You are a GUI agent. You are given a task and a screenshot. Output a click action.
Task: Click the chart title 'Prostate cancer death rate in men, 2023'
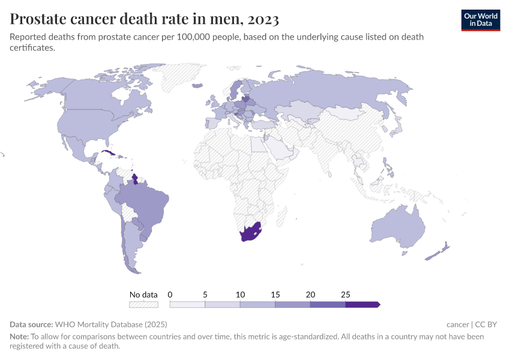(x=145, y=20)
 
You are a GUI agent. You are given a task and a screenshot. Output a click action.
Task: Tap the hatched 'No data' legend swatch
(x=143, y=305)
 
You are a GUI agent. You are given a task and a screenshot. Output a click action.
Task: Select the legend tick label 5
(x=205, y=295)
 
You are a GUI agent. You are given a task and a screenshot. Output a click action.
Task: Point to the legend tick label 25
(x=346, y=295)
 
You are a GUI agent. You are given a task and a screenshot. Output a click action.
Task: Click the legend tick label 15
(x=275, y=295)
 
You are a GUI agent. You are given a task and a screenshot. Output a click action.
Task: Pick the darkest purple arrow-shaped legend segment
(x=362, y=305)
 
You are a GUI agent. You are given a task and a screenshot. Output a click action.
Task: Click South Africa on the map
(x=250, y=233)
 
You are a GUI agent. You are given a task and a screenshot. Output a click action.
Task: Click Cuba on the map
(x=109, y=153)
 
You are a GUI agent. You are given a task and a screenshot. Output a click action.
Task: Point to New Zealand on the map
(x=437, y=253)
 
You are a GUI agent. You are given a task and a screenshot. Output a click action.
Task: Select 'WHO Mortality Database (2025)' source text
(x=112, y=325)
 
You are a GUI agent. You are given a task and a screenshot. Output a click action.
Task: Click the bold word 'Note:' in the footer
(x=19, y=337)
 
